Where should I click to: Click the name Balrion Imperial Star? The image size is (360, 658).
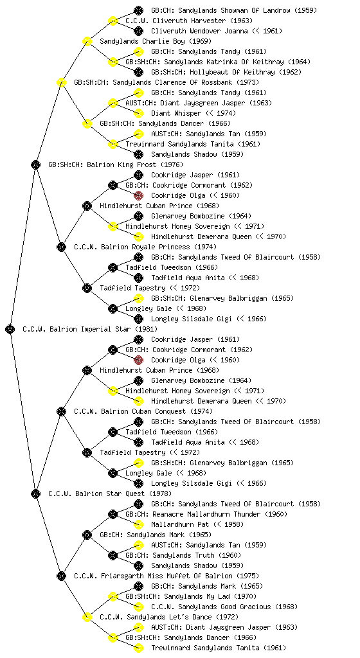90,329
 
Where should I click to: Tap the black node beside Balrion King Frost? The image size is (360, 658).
35,164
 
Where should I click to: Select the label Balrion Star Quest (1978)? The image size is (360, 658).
110,493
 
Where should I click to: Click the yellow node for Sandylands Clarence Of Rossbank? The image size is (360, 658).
61,82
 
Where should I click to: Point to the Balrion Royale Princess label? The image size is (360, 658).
145,247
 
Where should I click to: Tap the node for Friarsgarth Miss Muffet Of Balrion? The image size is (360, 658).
61,576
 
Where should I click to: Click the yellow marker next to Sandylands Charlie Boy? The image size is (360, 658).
87,41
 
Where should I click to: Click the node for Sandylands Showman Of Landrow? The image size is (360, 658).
138,10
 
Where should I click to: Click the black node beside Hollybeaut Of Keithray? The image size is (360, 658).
138,72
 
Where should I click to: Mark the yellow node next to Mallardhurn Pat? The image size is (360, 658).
138,524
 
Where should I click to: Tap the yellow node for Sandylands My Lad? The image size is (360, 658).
113,596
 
